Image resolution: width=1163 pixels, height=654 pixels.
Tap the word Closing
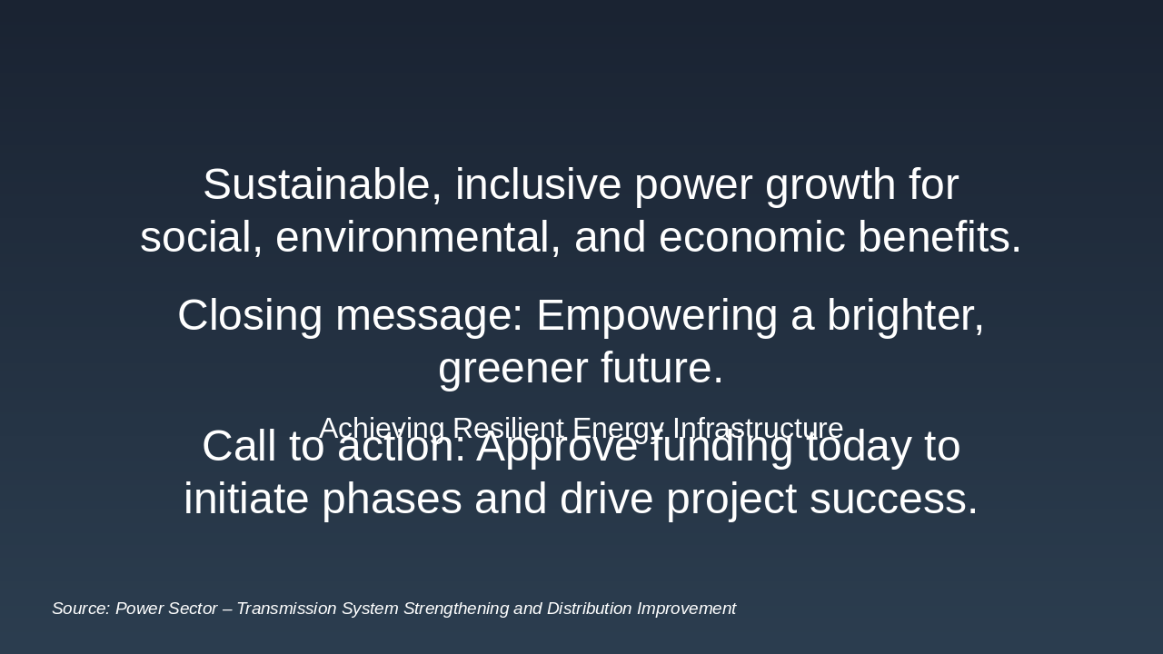pos(250,316)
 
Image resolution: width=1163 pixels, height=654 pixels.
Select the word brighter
pos(905,316)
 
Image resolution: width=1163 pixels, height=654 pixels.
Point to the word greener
pos(513,369)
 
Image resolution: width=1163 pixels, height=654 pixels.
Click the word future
pos(662,369)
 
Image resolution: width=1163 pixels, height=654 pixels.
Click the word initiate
pos(246,500)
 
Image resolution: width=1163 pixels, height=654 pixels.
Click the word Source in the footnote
pos(81,609)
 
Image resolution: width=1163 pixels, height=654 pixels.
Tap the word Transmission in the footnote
pos(286,609)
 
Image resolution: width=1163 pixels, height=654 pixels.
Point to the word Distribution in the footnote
pos(587,609)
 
